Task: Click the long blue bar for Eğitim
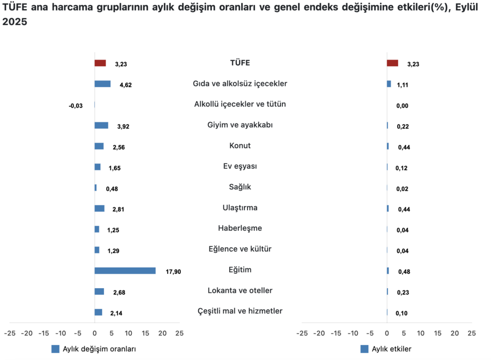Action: coord(125,270)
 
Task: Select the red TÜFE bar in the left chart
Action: coord(100,63)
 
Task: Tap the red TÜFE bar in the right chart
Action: coord(392,63)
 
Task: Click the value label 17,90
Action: coord(173,272)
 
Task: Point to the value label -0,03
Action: coord(76,106)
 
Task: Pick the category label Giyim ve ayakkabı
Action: coord(240,125)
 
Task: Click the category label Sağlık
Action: coord(240,187)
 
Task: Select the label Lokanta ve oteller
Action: coord(240,290)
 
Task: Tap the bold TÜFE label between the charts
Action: coord(240,63)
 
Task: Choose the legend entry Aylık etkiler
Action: coord(391,349)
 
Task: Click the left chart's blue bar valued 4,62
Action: coord(103,84)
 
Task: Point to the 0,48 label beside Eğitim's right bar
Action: coord(404,272)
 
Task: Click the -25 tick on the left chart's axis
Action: coord(10,333)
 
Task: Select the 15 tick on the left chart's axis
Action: coord(145,333)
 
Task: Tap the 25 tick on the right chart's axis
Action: coord(472,333)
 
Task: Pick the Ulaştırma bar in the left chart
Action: coord(99,208)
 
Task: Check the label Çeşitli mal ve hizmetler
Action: coord(240,311)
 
